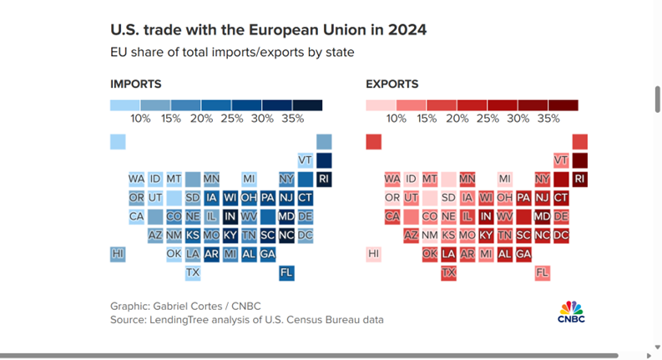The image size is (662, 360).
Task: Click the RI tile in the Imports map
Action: (x=324, y=179)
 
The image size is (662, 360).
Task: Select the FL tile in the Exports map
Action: (x=542, y=272)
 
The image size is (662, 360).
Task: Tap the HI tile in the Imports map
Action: (x=118, y=254)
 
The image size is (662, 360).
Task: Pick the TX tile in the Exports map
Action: (x=448, y=272)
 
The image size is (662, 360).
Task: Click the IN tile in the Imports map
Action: (x=230, y=216)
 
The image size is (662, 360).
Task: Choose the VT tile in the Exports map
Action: (x=561, y=160)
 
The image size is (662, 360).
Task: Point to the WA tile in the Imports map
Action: (x=136, y=179)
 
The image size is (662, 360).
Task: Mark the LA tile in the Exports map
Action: (x=448, y=254)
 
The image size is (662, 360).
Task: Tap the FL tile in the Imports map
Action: (x=286, y=272)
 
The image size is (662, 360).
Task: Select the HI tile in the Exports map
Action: (x=374, y=254)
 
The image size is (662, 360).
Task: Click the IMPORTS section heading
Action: (x=136, y=84)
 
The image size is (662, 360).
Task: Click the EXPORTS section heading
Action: (x=392, y=84)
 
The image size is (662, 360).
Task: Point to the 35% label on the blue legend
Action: (x=292, y=119)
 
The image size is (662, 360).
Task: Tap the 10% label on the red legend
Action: (x=396, y=119)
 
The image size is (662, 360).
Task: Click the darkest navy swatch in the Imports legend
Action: (x=307, y=105)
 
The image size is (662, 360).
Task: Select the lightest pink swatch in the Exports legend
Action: (x=381, y=105)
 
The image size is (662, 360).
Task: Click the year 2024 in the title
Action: (x=407, y=30)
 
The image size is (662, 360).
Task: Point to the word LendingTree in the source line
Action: (x=179, y=320)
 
